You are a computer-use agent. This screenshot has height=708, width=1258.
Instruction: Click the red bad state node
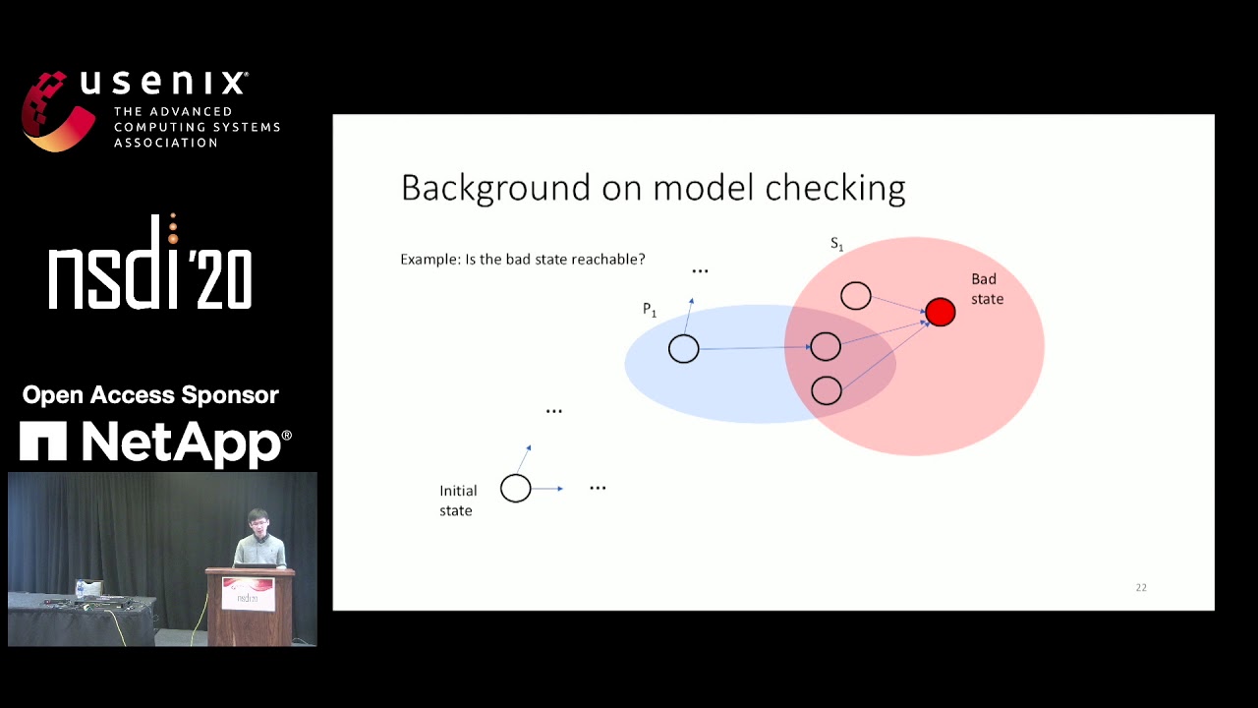[x=941, y=313]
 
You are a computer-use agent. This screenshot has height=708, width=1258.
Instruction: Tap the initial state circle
[x=516, y=489]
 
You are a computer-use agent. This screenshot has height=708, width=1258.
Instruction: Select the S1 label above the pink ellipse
[x=836, y=244]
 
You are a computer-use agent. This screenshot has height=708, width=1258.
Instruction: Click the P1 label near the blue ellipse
[x=649, y=310]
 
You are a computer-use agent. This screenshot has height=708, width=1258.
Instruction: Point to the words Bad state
[x=987, y=289]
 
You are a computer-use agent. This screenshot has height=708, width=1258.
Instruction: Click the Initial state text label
[x=457, y=501]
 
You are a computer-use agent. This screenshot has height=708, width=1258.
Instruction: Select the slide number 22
[x=1141, y=587]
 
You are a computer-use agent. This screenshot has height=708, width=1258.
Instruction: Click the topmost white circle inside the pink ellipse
[x=856, y=296]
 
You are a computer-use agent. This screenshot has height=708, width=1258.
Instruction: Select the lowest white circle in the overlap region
[x=827, y=391]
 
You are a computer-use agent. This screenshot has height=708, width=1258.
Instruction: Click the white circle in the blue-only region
[x=684, y=349]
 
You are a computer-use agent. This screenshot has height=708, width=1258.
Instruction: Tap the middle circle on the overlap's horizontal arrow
[x=826, y=346]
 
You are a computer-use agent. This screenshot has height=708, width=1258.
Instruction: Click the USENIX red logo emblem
[x=57, y=110]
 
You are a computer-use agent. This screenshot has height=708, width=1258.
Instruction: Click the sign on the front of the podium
[x=248, y=593]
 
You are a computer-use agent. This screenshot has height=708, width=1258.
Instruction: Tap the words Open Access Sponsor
[x=150, y=395]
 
